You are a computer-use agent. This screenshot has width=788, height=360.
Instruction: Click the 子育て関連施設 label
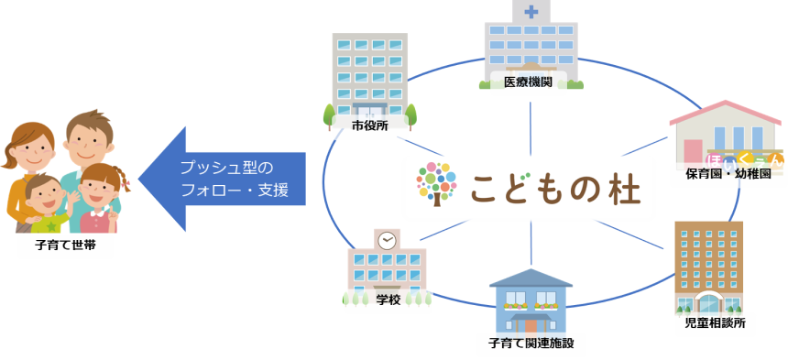[531, 344]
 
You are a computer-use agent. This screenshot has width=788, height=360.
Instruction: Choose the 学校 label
[389, 300]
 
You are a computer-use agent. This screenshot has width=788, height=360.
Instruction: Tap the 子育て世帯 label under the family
[60, 246]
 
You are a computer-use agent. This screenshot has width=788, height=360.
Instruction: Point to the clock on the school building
[388, 240]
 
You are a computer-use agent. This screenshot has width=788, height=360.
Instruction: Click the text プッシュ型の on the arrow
[227, 168]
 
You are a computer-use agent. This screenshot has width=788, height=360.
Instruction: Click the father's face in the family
[89, 140]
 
